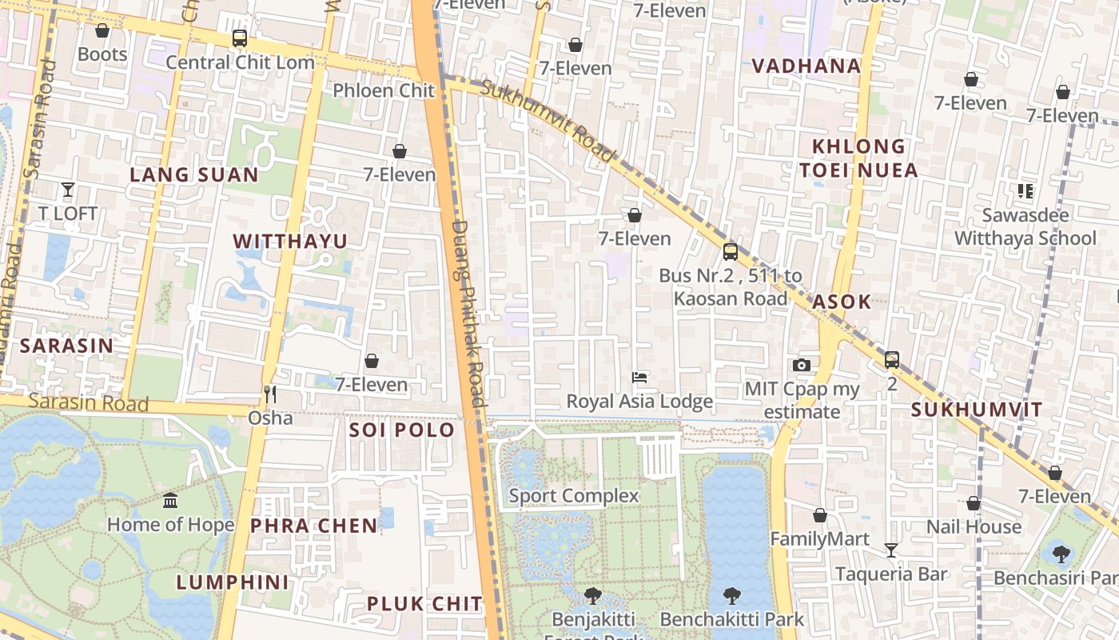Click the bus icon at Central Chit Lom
[x=239, y=38]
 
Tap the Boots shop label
[x=102, y=54]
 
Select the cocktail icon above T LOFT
[x=68, y=190]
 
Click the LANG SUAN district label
[x=194, y=174]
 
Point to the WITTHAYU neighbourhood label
[x=290, y=241]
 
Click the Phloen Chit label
[x=384, y=90]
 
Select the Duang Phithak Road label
[x=468, y=312]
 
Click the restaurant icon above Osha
[x=270, y=394]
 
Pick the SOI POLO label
[x=401, y=430]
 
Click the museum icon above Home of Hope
[x=170, y=501]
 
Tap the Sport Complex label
[x=574, y=496]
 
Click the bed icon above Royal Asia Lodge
[x=639, y=377]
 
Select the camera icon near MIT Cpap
[x=802, y=365]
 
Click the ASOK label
[x=842, y=302]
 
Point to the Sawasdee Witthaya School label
[x=1025, y=226]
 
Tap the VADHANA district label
[x=806, y=66]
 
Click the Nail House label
[x=974, y=526]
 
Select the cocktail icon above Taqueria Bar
[x=891, y=550]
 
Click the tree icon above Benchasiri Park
[x=1061, y=553]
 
